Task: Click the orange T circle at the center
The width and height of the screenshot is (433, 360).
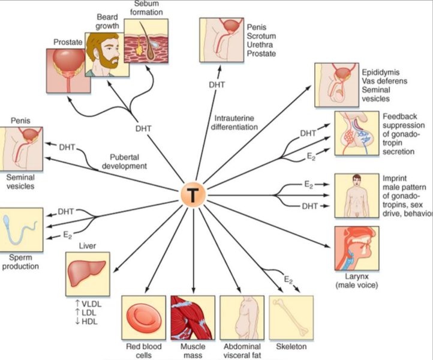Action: click(x=193, y=195)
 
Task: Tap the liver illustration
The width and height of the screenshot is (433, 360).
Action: click(x=88, y=274)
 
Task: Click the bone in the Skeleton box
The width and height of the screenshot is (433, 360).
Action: click(x=291, y=317)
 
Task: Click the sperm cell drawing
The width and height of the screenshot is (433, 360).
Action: click(x=20, y=230)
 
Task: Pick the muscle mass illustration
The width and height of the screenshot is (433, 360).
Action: click(x=193, y=318)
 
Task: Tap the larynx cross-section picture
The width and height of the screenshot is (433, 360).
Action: click(x=357, y=248)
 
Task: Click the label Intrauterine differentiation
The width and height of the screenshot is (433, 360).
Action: click(x=234, y=122)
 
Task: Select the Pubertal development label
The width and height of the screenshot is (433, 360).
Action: click(x=125, y=161)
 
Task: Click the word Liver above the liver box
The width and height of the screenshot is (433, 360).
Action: click(x=88, y=245)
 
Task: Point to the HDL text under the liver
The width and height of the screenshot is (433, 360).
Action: click(x=86, y=322)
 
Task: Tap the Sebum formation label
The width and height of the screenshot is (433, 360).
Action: click(x=146, y=8)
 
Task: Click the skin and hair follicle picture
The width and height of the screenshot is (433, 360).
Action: click(x=146, y=41)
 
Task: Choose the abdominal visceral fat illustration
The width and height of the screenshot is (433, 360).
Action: click(x=242, y=318)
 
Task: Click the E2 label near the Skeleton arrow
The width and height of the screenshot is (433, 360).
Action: click(x=288, y=280)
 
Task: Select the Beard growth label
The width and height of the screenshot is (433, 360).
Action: click(x=107, y=22)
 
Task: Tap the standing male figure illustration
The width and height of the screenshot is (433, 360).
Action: click(x=357, y=196)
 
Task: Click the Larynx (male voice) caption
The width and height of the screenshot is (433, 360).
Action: click(x=356, y=281)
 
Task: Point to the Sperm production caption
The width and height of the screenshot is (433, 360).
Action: click(x=20, y=262)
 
